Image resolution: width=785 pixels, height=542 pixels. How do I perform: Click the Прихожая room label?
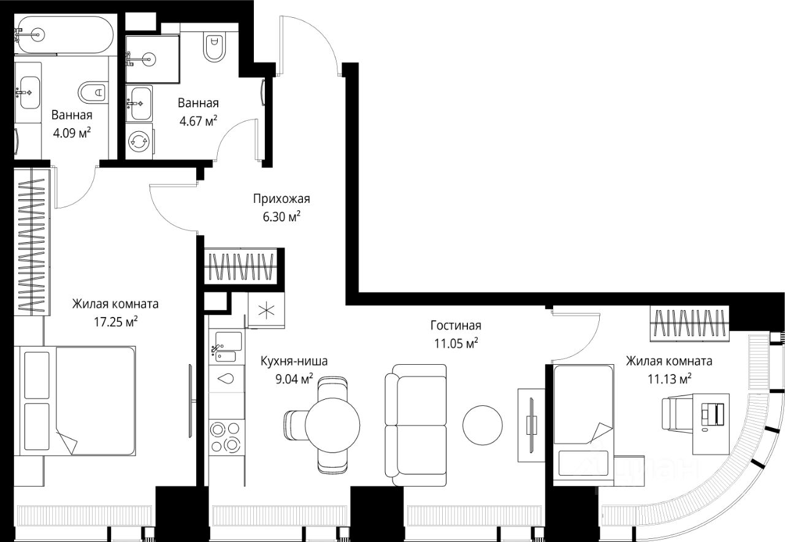coord(281,199)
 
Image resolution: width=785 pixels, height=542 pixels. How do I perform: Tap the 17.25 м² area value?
coord(116,322)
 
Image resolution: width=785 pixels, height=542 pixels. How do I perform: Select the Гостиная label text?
coord(456,326)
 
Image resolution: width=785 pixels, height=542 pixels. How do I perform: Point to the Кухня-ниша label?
coord(294,361)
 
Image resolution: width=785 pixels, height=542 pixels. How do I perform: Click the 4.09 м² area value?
coord(72,133)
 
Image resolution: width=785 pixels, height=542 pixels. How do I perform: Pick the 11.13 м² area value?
coord(669,379)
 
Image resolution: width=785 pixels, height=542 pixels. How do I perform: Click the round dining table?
coord(332,425)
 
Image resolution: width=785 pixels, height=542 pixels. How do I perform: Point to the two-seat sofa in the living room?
coord(416,426)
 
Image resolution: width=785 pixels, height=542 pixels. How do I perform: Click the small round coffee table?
coord(482,426)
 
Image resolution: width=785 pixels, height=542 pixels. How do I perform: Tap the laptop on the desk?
coord(713,416)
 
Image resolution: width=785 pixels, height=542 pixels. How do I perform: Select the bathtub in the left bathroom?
coord(66,36)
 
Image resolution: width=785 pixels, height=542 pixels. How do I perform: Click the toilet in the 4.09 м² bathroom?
coord(93,93)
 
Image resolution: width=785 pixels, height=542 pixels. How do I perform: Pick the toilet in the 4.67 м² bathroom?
coord(215,48)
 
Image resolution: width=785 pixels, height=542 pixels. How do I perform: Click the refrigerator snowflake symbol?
coord(266,310)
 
